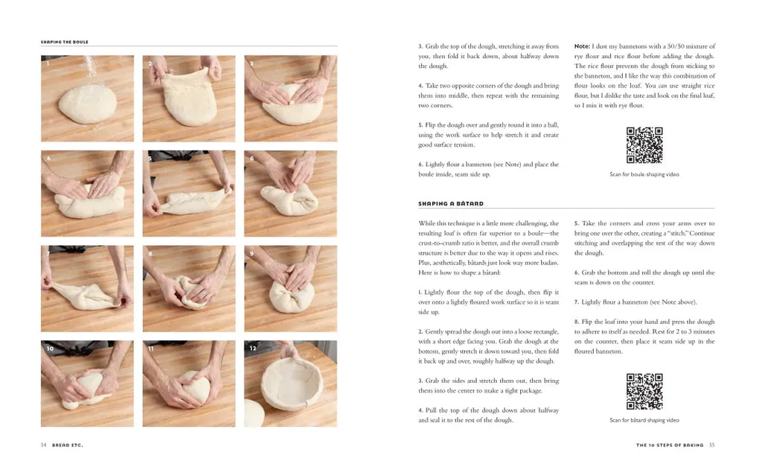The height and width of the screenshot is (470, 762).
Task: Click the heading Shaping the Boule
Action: tap(64, 42)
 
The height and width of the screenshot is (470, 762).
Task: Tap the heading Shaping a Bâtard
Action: tap(450, 203)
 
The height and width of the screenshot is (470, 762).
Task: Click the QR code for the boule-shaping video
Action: tap(644, 145)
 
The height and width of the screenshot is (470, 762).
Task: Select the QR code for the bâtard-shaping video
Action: tap(644, 391)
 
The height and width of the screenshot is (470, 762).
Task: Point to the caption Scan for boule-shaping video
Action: tap(644, 174)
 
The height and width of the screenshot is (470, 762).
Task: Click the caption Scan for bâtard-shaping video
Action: tap(644, 420)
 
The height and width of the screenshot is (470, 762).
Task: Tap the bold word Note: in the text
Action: tap(582, 46)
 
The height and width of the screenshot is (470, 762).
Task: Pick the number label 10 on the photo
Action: tap(50, 349)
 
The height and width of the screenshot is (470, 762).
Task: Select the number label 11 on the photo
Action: tap(150, 349)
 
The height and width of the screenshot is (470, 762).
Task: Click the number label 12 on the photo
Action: tap(253, 349)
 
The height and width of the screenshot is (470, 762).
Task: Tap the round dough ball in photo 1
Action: tap(88, 104)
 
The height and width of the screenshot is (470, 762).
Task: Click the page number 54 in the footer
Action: tap(44, 445)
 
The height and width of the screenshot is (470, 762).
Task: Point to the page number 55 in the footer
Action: tap(712, 445)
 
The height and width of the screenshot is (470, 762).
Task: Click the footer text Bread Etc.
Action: tap(68, 445)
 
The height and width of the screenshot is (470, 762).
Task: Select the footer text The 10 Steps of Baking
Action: tap(670, 445)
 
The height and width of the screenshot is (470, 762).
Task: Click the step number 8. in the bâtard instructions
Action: tap(577, 322)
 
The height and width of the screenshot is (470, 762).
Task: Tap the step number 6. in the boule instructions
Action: tap(421, 165)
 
